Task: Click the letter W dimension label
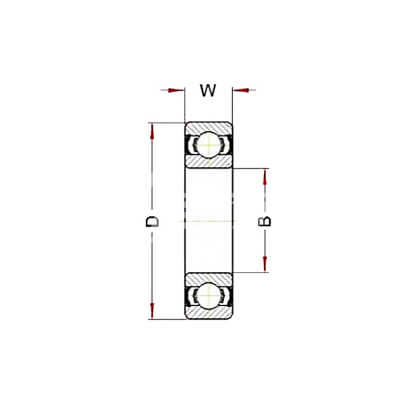(x=208, y=91)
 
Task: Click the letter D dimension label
(x=152, y=222)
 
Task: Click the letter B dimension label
(x=264, y=222)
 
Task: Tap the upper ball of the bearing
(x=209, y=145)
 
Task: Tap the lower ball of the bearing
(x=209, y=296)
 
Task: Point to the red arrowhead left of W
(x=176, y=90)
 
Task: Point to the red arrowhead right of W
(x=241, y=90)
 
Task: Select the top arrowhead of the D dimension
(x=152, y=132)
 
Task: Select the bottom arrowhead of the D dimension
(x=152, y=310)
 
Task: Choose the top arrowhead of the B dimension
(x=264, y=177)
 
